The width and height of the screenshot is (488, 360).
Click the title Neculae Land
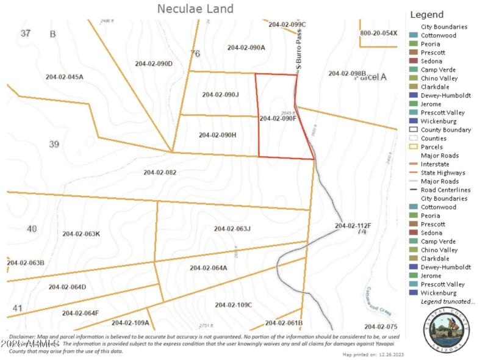point(195,9)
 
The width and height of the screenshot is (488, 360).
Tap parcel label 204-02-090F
point(278,118)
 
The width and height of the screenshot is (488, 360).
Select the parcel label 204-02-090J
point(220,95)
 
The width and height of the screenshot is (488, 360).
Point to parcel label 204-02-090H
point(217,135)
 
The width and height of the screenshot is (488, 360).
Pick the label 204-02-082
point(160,172)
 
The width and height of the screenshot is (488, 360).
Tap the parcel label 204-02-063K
point(81,234)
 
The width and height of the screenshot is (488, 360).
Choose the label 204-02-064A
point(208,268)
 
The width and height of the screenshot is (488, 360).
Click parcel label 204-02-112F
point(353,226)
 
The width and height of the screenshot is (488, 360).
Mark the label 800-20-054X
point(378,33)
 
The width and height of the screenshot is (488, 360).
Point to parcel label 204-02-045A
point(65,77)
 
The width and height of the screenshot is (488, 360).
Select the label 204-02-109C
point(233,304)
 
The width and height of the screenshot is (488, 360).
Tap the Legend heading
point(427,15)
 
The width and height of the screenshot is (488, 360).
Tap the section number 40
point(32,229)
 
